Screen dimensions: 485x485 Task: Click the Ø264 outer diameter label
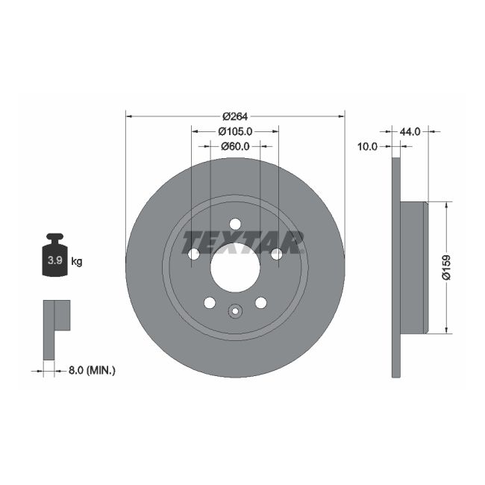[235, 116]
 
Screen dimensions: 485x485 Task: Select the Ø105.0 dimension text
[235, 131]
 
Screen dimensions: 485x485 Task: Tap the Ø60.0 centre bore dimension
[235, 146]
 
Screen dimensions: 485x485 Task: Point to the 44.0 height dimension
[410, 131]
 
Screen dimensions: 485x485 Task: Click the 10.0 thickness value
[367, 147]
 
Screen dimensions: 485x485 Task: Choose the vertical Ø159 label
[446, 267]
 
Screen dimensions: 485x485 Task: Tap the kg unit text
[77, 261]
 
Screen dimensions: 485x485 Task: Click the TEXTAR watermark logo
[243, 242]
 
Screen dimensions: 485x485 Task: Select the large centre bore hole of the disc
[235, 268]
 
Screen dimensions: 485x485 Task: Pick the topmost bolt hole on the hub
[235, 225]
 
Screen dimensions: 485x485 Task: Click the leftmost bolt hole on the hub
[193, 254]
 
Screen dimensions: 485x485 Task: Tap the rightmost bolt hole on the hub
[277, 254]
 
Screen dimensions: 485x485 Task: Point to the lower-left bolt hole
[210, 303]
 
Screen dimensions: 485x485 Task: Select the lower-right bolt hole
[260, 303]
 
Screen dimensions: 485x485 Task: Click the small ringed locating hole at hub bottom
[235, 312]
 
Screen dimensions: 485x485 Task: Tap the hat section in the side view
[414, 267]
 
